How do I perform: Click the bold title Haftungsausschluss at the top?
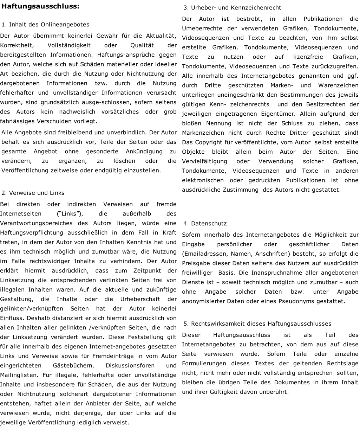[40, 6]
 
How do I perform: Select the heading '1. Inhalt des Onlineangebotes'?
[45, 25]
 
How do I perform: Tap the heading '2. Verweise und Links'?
[33, 193]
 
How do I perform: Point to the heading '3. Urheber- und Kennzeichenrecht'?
[232, 8]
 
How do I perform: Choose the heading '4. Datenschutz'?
[205, 224]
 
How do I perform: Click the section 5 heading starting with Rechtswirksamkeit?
[257, 324]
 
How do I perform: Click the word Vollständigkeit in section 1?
[69, 45]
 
